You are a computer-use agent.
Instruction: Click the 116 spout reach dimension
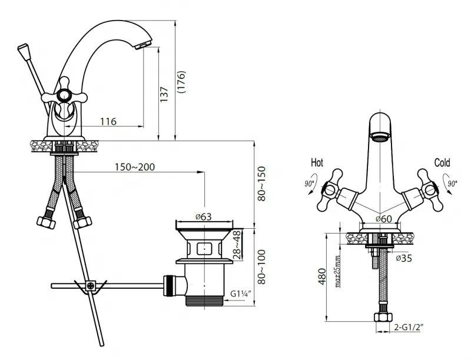point(108,121)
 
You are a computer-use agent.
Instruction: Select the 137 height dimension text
point(164,94)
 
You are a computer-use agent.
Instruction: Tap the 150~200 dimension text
point(135,167)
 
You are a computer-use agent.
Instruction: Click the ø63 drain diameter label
point(203,216)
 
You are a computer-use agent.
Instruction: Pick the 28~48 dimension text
point(237,245)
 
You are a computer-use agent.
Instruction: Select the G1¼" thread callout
point(241,294)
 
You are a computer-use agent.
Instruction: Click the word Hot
point(317,162)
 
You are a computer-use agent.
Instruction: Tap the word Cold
point(442,162)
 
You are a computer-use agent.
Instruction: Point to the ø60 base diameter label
point(384,219)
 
